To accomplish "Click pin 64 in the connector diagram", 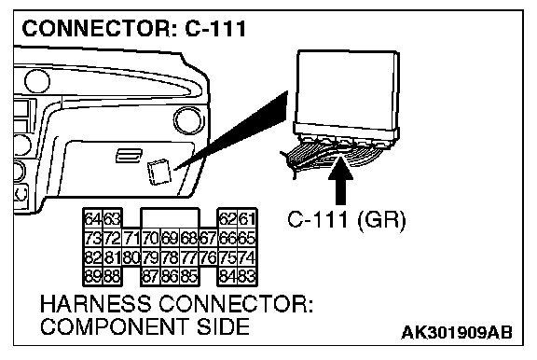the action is [93, 218].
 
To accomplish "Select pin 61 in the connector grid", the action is [247, 218].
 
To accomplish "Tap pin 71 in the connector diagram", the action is [131, 238].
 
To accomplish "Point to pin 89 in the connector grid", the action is [93, 276].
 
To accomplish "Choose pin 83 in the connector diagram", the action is [247, 276].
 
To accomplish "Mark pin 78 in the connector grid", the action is [170, 256].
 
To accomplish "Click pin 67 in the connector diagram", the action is [208, 238].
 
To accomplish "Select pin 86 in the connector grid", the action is [170, 276].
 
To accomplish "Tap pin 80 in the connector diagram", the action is [131, 256].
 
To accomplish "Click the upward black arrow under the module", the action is [340, 180].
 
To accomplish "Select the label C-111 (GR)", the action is [346, 220].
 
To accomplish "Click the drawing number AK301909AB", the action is [457, 332].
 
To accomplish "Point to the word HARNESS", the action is [95, 304].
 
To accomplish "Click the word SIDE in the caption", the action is [223, 326].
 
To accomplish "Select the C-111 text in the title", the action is [215, 28].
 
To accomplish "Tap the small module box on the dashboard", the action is [158, 172].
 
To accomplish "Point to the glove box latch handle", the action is [129, 156].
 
